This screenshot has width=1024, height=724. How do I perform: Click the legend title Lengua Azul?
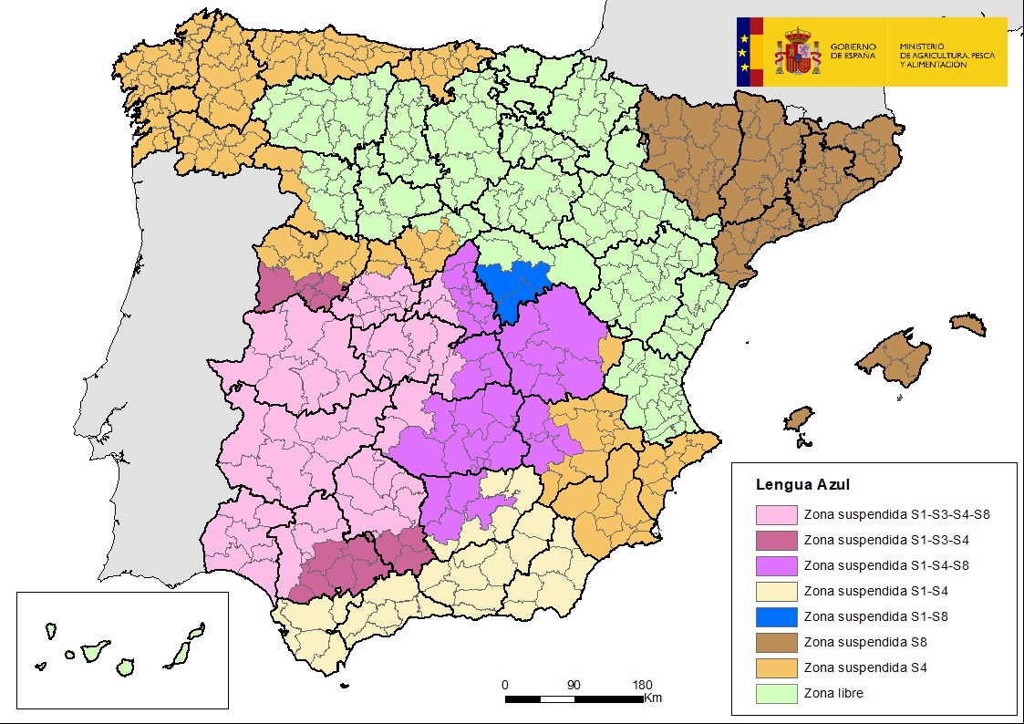point(803,485)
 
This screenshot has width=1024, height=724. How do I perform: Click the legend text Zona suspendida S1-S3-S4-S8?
point(896,514)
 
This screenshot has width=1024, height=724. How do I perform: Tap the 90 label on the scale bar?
point(574,685)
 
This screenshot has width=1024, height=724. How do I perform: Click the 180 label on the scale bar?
point(642,685)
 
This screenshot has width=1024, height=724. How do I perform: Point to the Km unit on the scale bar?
point(653,698)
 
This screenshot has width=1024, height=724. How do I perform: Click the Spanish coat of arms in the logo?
point(798,52)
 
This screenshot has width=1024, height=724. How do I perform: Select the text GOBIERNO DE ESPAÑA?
point(853,51)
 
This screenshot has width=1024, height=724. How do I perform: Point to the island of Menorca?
point(967,324)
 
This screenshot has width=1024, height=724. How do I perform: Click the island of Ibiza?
point(799,419)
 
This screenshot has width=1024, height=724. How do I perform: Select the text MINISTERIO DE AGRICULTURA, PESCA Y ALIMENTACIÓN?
point(946,55)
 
